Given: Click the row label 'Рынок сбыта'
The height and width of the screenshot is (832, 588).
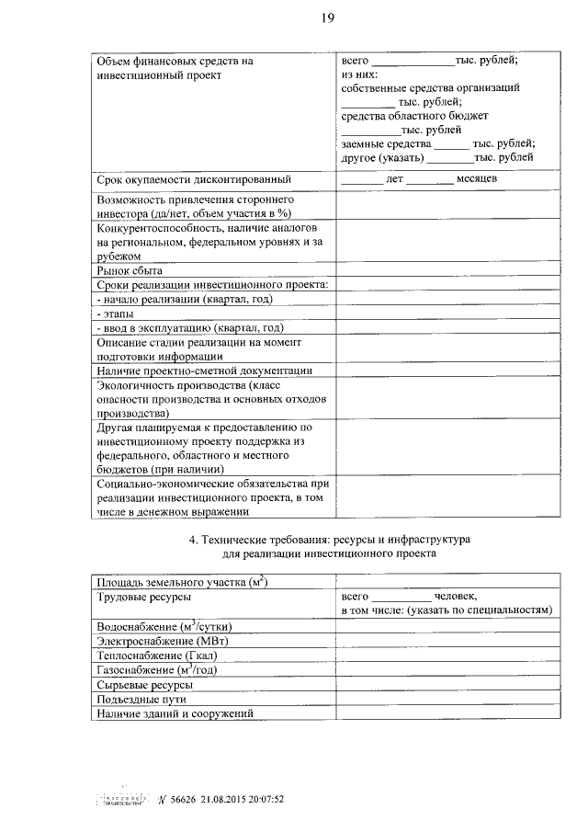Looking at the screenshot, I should (130, 270).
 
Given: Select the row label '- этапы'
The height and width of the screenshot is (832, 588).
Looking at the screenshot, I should (115, 313).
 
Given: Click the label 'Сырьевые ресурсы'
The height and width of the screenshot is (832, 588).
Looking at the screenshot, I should (145, 685).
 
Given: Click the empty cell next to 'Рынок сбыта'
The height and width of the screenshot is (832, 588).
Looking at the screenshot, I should (448, 270).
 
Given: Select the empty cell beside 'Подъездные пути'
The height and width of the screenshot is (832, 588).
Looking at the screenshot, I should (448, 699).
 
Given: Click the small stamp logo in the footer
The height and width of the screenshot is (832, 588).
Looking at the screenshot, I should (123, 798).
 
